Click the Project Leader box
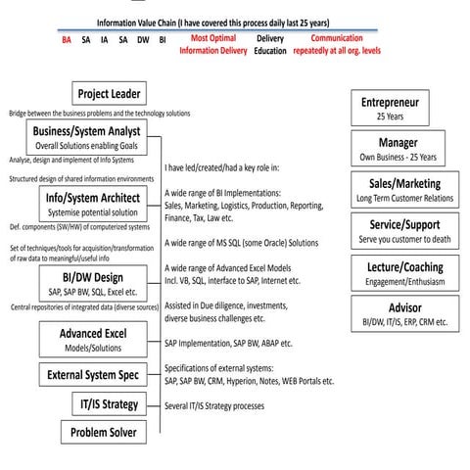110,94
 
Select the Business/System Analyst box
86,136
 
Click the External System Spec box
92,374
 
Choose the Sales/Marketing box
404,189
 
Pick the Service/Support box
404,230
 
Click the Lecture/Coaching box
404,272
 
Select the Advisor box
404,313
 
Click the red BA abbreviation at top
67,41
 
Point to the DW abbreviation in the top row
143,41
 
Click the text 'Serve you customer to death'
404,239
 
